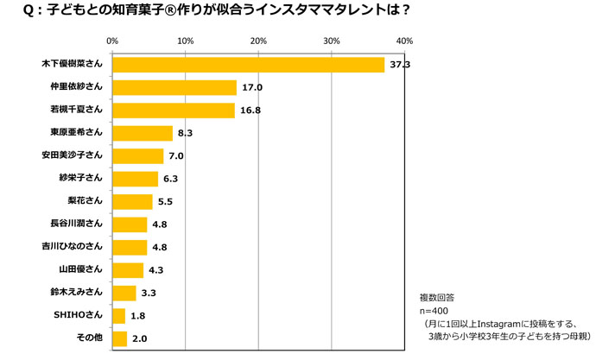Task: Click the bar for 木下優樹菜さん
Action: click(x=249, y=65)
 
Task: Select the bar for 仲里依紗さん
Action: click(x=174, y=87)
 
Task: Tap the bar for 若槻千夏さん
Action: click(x=174, y=111)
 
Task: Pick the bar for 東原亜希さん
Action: click(x=143, y=133)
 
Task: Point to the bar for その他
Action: click(x=120, y=338)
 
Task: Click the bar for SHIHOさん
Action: click(x=119, y=316)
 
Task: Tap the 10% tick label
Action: click(x=185, y=41)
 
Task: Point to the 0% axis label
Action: click(x=112, y=41)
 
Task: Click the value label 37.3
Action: click(x=399, y=65)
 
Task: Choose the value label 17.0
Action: click(x=251, y=87)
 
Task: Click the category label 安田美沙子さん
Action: click(x=72, y=155)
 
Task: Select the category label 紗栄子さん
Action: click(x=83, y=178)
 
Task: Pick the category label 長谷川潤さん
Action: click(x=77, y=224)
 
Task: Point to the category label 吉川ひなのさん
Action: click(x=72, y=247)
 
